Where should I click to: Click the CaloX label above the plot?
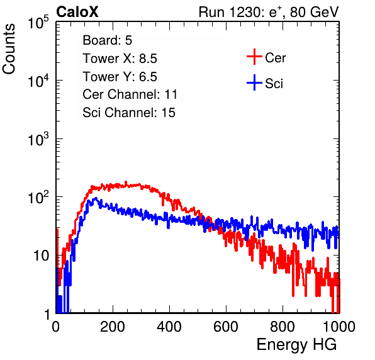coord(77,12)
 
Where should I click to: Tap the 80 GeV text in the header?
coord(314,12)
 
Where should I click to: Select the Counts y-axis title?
coord(9,49)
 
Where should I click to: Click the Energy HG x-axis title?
coord(296,345)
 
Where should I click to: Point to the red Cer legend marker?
coord(254,57)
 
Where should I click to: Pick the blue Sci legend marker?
coord(254,82)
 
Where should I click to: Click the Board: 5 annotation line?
coord(108,40)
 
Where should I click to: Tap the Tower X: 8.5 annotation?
coord(120,59)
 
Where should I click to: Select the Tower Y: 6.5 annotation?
coord(120,77)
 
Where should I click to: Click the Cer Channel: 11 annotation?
coord(130,94)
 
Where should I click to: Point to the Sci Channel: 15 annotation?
coord(129,113)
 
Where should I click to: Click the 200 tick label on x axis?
coord(113,327)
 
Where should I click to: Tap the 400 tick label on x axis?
coord(169,327)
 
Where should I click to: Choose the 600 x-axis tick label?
coord(226,327)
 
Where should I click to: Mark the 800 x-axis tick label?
coord(283,327)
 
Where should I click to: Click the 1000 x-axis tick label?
coord(339,327)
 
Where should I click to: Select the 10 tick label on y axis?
coord(42,256)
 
